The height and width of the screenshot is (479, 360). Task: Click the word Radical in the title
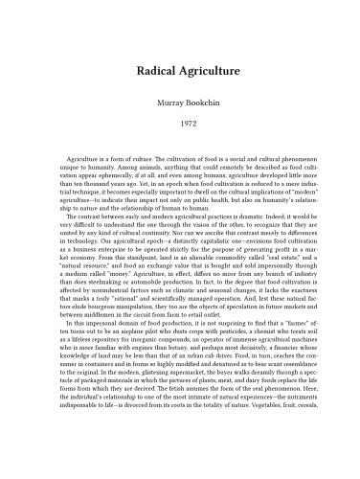coord(149,70)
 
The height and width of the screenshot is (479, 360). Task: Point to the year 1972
coord(180,124)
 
